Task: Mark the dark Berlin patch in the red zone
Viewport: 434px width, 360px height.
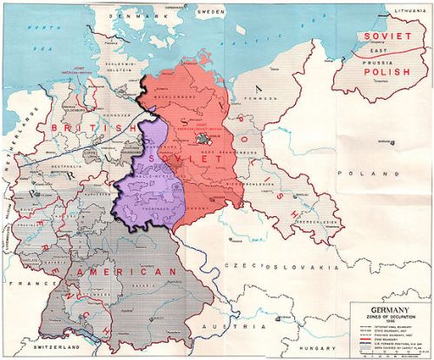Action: (x=205, y=139)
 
